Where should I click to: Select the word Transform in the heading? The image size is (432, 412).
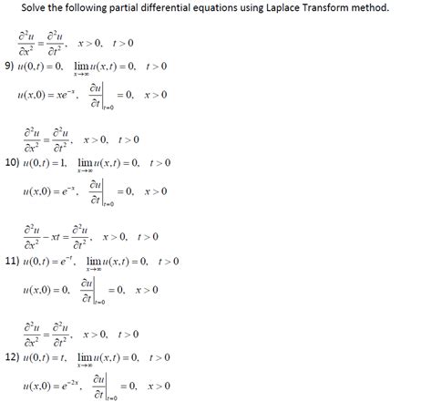314,8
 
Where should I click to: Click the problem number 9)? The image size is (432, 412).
10,66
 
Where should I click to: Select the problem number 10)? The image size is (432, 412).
13,163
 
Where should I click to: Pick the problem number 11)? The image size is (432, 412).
13,261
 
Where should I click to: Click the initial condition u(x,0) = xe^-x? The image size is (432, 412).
48,94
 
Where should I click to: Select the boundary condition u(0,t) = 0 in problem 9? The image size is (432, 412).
46,66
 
